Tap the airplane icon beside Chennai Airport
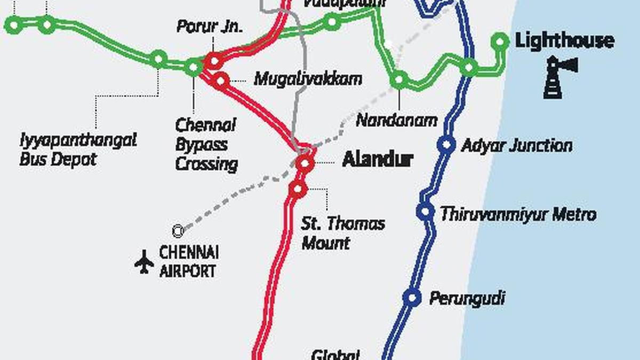click(144, 262)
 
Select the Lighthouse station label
click(564, 41)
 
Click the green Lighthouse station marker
click(500, 41)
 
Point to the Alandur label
click(378, 159)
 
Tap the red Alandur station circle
click(305, 163)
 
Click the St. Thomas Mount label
click(342, 233)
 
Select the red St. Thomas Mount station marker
click(298, 188)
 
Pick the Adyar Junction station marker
click(446, 145)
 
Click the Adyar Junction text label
click(517, 146)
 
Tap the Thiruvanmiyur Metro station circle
click(425, 212)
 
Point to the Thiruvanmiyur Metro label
click(518, 214)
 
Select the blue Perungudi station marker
click(412, 298)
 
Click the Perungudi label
click(467, 298)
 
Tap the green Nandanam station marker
click(399, 81)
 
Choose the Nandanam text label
click(396, 120)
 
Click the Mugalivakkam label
click(308, 79)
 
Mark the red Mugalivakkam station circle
click(221, 81)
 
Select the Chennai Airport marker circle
click(178, 231)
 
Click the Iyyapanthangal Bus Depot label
click(78, 149)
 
